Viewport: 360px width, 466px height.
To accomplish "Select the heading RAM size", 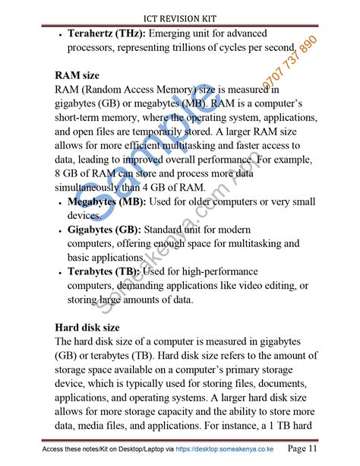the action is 77,76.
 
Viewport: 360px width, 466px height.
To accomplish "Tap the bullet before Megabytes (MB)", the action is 60,202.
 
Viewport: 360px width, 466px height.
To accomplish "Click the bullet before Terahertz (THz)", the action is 60,35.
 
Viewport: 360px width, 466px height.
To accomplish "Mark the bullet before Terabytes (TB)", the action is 60,272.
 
